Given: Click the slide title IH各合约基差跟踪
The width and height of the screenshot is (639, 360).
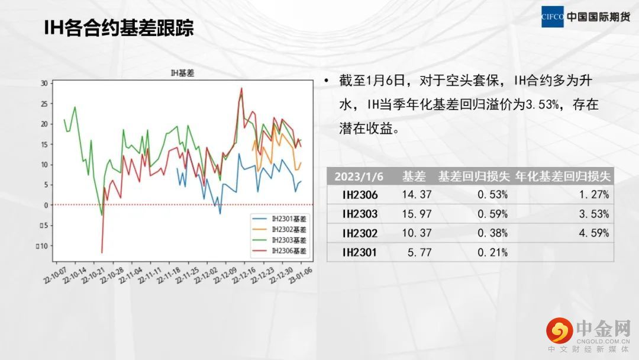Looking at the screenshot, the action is pos(118,28).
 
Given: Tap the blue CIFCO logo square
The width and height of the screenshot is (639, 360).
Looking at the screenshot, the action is pos(552,17).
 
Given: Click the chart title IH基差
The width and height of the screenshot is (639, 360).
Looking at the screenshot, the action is pos(182,73).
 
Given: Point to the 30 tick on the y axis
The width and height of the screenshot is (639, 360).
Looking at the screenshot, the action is pos(44,83).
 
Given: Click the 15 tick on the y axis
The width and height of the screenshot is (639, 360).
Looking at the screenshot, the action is pos(44,144).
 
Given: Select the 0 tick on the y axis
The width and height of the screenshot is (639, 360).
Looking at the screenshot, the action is pos(46,205).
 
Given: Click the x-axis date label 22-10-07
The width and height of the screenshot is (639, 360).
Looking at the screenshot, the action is pos(55,275).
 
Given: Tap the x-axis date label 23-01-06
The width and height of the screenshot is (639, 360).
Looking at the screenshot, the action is pos(301,275).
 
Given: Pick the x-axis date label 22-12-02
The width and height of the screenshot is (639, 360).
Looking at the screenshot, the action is pos(205,275).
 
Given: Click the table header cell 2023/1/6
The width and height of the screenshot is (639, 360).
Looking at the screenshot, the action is pos(359,176).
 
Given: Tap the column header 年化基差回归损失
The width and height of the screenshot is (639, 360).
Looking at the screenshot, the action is pos(563,176).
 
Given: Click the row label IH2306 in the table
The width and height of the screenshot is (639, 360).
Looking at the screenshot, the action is pos(360,195).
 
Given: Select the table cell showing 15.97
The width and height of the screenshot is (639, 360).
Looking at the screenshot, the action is pos(417,214).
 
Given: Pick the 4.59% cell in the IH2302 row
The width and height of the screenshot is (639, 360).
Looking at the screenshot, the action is pos(594,233).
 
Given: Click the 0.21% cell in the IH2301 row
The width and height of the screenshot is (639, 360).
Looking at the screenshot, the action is pos(493,253).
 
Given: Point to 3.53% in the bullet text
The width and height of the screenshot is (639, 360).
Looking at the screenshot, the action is pos(542,105).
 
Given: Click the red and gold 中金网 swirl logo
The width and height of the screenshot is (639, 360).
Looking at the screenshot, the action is pos(560,330).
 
